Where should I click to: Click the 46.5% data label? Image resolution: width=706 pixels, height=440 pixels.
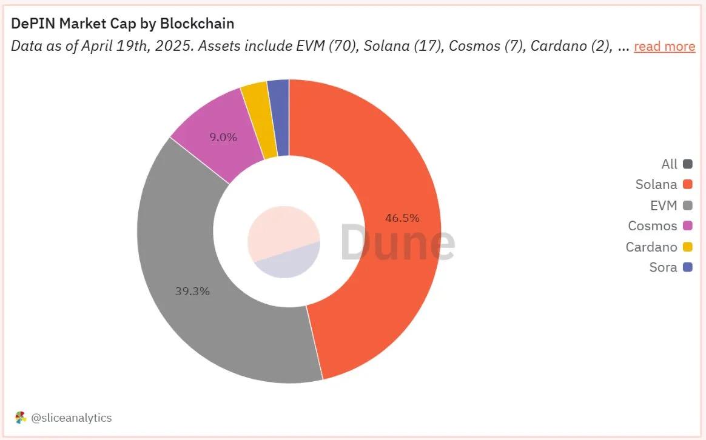click(402, 218)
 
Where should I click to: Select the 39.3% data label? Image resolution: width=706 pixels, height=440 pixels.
click(192, 291)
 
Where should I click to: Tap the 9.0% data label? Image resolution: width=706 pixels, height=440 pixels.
click(223, 137)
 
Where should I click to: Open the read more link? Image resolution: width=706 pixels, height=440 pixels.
click(664, 47)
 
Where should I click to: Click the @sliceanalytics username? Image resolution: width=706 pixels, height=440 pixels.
click(71, 418)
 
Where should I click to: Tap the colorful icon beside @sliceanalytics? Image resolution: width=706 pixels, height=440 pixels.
click(21, 418)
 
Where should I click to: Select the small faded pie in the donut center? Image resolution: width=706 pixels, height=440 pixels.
click(283, 241)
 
